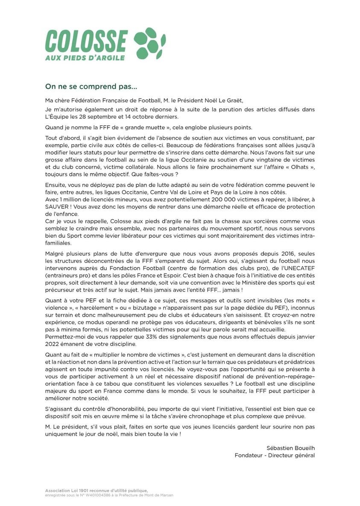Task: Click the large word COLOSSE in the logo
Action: pos(86,41)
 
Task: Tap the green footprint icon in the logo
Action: pos(149,43)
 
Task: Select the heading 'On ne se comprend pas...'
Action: pos(91,87)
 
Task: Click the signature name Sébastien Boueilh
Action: pos(290,448)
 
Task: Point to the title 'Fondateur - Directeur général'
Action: pos(275,455)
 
